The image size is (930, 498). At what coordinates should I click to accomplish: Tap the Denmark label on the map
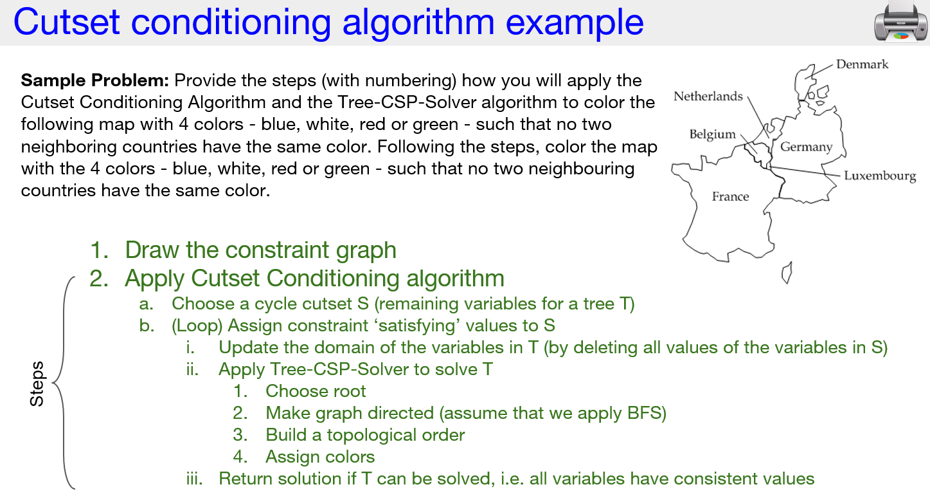(x=862, y=64)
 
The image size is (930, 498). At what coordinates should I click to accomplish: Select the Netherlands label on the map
(x=708, y=97)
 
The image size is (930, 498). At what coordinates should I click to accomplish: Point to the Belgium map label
(x=712, y=134)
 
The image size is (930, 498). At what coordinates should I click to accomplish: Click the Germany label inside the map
(x=806, y=147)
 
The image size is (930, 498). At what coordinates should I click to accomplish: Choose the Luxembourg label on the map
(x=879, y=176)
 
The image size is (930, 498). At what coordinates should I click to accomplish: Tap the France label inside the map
(x=730, y=196)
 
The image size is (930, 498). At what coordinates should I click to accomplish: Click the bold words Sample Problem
(x=94, y=80)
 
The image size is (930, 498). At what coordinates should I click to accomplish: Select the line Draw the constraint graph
(x=260, y=250)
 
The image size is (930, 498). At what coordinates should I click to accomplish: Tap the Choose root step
(x=316, y=391)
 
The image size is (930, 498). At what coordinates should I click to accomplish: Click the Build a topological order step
(x=365, y=435)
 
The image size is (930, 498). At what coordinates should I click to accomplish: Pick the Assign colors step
(x=320, y=457)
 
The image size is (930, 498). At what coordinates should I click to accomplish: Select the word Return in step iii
(x=245, y=479)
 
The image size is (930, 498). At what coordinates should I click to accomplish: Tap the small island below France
(x=785, y=273)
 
